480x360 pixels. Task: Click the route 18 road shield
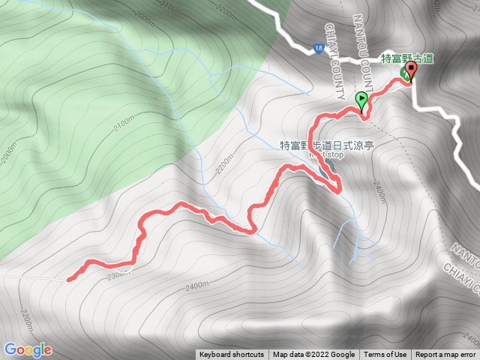pos(319,49)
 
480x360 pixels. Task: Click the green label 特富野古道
pos(407,58)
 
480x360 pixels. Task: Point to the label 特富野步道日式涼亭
pos(326,146)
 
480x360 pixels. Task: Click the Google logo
pos(28,349)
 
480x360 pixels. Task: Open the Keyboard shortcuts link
pos(231,355)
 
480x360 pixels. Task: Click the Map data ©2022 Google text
pos(313,355)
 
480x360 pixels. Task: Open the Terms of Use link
pos(385,355)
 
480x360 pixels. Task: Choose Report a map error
pos(445,355)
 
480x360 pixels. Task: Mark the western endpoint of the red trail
pos(68,280)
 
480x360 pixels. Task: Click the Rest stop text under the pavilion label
pos(326,156)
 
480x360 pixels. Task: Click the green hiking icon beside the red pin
pos(403,73)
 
